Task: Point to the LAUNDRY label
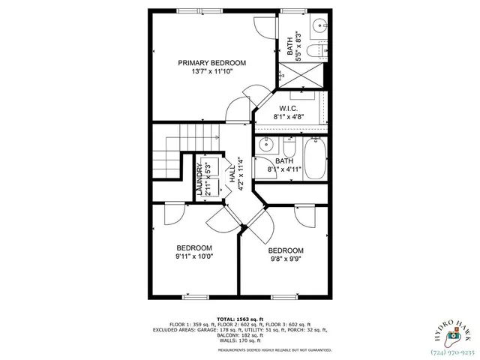pos(199,180)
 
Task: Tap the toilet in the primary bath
pos(317,50)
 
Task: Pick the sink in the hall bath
pos(266,144)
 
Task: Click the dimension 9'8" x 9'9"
pos(286,259)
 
